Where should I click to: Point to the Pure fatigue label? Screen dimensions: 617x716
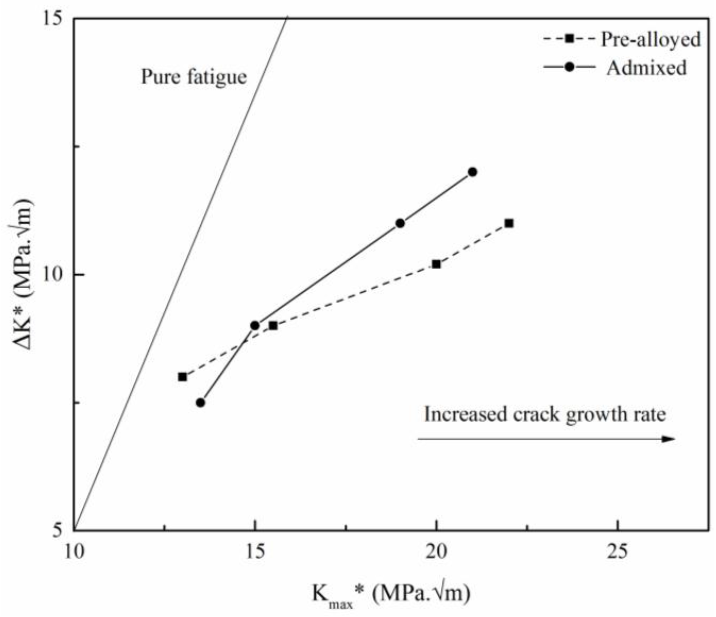tap(194, 76)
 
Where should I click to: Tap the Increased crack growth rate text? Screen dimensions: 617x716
tap(545, 414)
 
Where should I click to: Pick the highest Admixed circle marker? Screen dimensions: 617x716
tap(473, 172)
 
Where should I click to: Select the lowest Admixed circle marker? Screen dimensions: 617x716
tap(201, 402)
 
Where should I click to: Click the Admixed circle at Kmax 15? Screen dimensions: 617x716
tap(255, 325)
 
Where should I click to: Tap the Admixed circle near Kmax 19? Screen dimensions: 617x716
tap(400, 223)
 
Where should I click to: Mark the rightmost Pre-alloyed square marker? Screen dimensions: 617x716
tap(509, 223)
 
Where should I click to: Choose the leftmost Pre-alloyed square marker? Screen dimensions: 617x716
tap(183, 377)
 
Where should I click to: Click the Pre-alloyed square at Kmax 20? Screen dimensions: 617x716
tap(437, 264)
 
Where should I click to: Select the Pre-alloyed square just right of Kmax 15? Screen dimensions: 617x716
tap(273, 325)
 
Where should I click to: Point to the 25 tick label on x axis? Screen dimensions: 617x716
tap(618, 552)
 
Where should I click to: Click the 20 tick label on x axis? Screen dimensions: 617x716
tap(436, 552)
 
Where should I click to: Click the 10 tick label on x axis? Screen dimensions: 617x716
tap(75, 552)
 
